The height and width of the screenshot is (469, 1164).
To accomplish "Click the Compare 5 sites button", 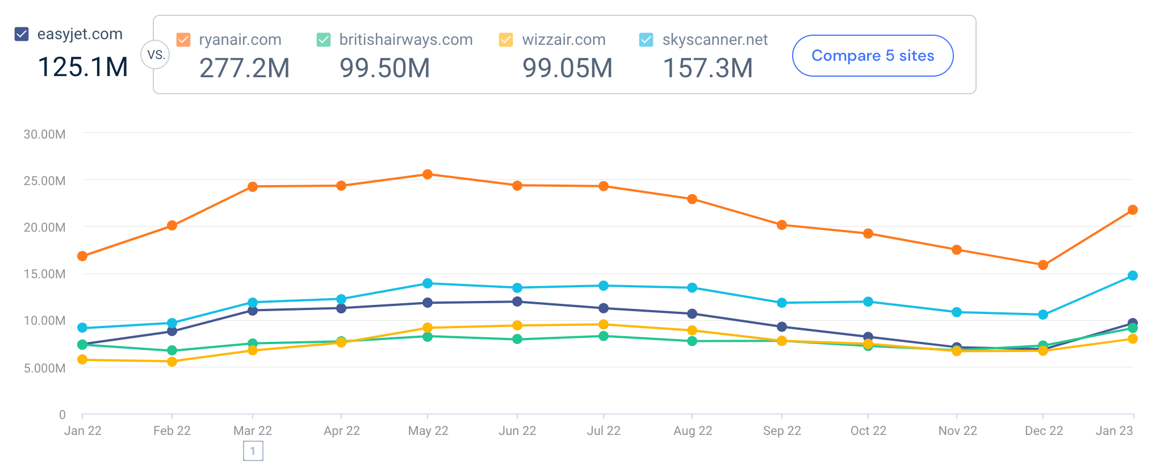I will click(x=872, y=56).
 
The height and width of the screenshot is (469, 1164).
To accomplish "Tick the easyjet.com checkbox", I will click(x=22, y=34).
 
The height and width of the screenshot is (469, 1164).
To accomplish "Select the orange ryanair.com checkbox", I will click(x=183, y=40).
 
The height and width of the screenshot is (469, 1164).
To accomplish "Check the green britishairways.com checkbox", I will click(x=324, y=40).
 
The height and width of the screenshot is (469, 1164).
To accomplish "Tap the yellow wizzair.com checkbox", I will click(x=506, y=40).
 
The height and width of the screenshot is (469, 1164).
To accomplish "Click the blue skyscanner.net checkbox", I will click(x=646, y=40).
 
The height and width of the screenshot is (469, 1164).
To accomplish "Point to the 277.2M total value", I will click(x=244, y=68).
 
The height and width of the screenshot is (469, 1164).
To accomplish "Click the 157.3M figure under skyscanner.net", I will click(x=707, y=68).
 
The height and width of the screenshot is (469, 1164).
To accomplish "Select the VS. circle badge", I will click(x=155, y=55).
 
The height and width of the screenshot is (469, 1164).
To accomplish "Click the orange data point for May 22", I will click(x=428, y=174).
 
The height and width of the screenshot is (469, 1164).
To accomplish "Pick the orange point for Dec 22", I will click(x=1043, y=265).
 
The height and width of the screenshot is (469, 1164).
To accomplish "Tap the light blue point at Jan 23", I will click(x=1133, y=275).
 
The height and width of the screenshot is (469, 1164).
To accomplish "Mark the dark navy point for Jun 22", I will click(x=517, y=301).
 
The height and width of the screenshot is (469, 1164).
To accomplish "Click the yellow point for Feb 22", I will click(x=172, y=362).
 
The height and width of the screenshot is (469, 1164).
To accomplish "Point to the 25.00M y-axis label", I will click(x=44, y=181).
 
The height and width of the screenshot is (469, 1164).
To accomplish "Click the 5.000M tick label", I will click(x=44, y=368).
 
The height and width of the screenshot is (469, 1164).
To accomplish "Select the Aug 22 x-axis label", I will click(x=693, y=430).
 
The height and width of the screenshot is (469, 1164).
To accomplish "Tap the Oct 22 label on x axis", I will click(x=868, y=430).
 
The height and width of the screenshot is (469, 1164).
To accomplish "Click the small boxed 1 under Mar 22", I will click(x=253, y=451).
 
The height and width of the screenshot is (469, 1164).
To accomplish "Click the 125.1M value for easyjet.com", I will click(x=83, y=67).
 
